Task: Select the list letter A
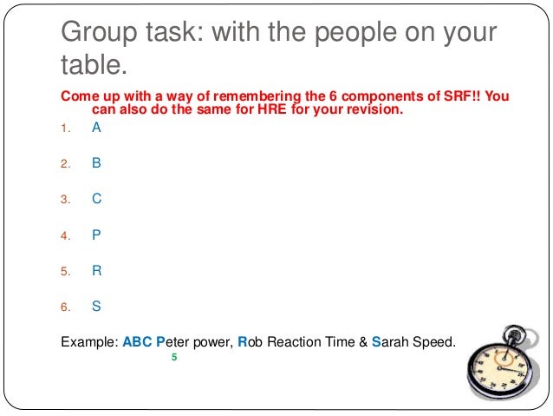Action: (x=96, y=128)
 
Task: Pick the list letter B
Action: (x=96, y=162)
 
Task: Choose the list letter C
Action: (x=96, y=198)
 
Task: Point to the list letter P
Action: (x=96, y=234)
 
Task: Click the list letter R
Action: (x=97, y=270)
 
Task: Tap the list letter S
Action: (x=96, y=306)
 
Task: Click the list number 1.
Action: (x=63, y=129)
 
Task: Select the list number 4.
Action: (x=63, y=235)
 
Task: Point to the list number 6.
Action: (x=63, y=307)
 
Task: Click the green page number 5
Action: (x=174, y=357)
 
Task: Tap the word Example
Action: (x=88, y=341)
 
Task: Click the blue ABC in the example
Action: (x=139, y=341)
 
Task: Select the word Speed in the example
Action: (x=430, y=341)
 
